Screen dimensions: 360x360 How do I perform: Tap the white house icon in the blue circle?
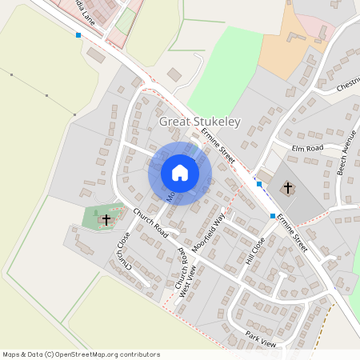[x=180, y=173]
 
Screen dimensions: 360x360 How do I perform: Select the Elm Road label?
[x=307, y=148]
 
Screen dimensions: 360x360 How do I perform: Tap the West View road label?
[x=186, y=282]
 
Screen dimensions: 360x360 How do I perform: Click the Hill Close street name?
[x=255, y=250]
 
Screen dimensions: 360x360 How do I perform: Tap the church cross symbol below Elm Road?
[x=288, y=188]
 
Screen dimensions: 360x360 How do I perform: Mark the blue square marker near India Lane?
[x=78, y=35]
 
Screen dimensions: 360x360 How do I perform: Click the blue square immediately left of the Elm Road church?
[x=259, y=184]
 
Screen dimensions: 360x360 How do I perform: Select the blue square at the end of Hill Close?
[x=273, y=216]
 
